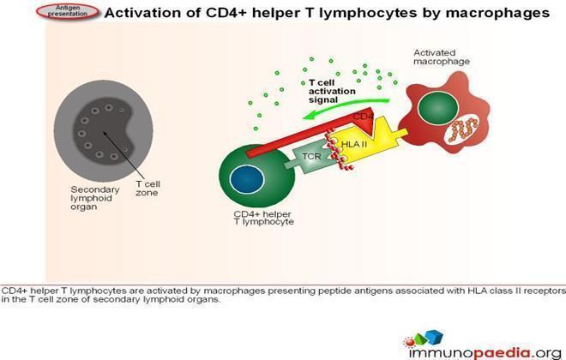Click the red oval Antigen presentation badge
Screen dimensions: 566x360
pyautogui.click(x=68, y=11)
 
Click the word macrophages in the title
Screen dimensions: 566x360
pyautogui.click(x=497, y=13)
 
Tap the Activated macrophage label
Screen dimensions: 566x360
pyautogui.click(x=442, y=57)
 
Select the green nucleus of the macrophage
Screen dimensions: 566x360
pyautogui.click(x=438, y=108)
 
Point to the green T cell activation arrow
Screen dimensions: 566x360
pyautogui.click(x=346, y=107)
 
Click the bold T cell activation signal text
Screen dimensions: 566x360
pyautogui.click(x=332, y=91)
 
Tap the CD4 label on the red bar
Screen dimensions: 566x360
pyautogui.click(x=363, y=117)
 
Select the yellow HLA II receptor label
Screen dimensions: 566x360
pyautogui.click(x=353, y=144)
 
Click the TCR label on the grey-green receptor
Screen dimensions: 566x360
pyautogui.click(x=311, y=156)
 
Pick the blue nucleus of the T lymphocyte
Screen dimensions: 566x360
pyautogui.click(x=247, y=179)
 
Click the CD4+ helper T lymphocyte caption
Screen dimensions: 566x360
pyautogui.click(x=263, y=218)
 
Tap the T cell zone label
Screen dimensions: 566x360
pyautogui.click(x=148, y=188)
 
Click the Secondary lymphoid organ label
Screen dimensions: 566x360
pyautogui.click(x=94, y=198)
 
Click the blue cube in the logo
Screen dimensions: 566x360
pyautogui.click(x=434, y=336)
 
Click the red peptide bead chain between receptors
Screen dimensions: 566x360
pyautogui.click(x=338, y=151)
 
